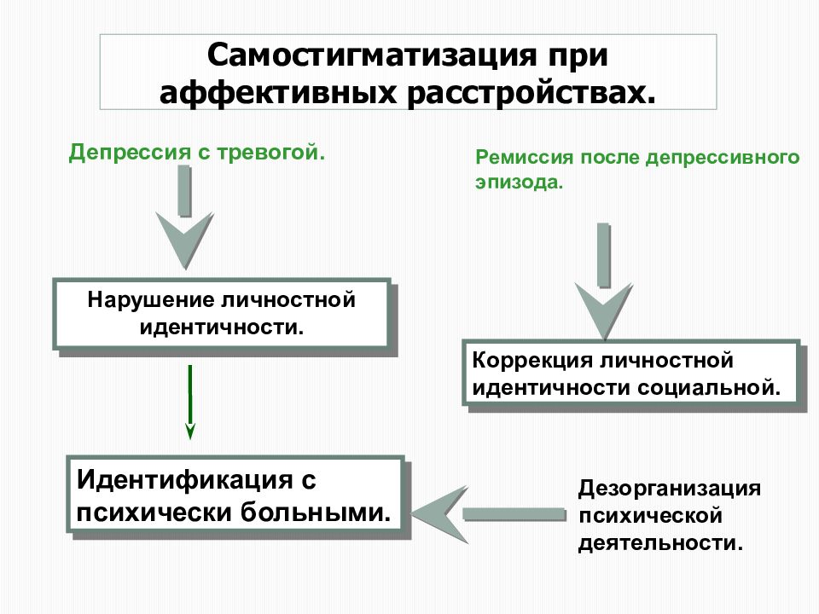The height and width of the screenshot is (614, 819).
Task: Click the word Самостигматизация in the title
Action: tap(371, 55)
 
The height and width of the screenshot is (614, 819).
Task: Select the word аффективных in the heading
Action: tap(279, 94)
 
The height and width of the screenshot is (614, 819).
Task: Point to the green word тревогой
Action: tap(270, 153)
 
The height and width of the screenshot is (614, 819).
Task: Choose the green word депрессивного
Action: tap(723, 157)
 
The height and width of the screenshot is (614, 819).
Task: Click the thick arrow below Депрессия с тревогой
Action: tap(185, 217)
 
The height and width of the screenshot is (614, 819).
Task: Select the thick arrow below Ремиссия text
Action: tap(604, 281)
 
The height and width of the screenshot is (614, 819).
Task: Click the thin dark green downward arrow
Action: tap(190, 402)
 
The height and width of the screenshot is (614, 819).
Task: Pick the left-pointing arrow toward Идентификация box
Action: tap(489, 514)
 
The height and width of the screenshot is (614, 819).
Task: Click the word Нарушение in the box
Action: tap(151, 300)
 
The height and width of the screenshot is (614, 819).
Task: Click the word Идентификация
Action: tap(184, 480)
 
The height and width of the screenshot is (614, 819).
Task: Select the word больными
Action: tap(316, 512)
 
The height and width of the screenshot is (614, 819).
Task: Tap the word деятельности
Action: tap(660, 543)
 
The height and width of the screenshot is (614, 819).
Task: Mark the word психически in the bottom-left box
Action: tap(154, 513)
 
